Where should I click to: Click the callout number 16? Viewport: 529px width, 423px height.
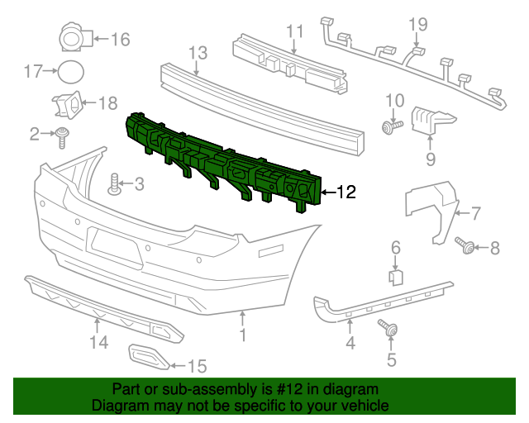click(121, 39)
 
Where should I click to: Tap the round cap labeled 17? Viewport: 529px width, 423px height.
click(69, 72)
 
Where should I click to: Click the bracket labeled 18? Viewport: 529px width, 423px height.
click(67, 104)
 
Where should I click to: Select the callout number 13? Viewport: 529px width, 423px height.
click(197, 54)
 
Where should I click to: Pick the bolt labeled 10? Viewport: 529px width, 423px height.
click(391, 126)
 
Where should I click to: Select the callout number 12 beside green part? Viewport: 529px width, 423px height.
click(346, 192)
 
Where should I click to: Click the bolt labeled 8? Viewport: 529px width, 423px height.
click(465, 245)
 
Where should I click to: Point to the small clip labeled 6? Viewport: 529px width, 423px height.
click(396, 276)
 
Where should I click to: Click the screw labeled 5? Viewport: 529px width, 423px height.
click(387, 328)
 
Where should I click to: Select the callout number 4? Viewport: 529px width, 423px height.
click(350, 342)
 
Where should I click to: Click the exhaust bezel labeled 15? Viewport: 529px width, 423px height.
click(149, 358)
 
